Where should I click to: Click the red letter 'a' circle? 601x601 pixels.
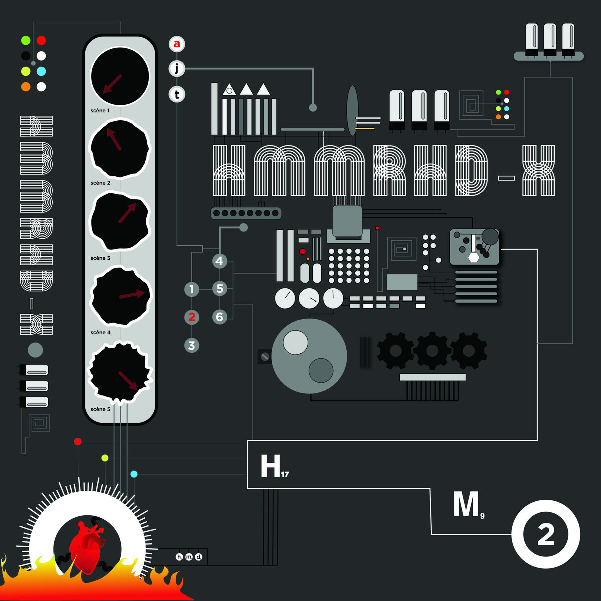tap(176, 44)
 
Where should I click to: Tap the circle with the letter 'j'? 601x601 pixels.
tap(176, 69)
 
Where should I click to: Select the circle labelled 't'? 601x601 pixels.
tap(176, 94)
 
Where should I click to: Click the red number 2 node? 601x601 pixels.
tap(191, 317)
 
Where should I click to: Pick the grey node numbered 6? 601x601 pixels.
tap(219, 317)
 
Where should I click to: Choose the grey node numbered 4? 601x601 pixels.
tap(219, 261)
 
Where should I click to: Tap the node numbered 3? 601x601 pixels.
tap(191, 345)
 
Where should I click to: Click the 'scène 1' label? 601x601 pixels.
tap(100, 110)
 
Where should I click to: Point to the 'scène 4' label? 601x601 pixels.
tap(100, 332)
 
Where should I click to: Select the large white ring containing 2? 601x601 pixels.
tap(545, 535)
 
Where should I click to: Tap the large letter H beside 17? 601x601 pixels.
tap(270, 467)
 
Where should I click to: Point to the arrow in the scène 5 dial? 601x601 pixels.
tap(128, 380)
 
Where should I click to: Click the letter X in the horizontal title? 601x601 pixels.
tap(538, 170)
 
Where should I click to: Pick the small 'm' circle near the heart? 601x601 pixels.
tap(189, 557)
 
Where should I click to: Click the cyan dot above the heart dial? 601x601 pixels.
tap(134, 474)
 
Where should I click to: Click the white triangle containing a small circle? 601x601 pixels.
tap(229, 90)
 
